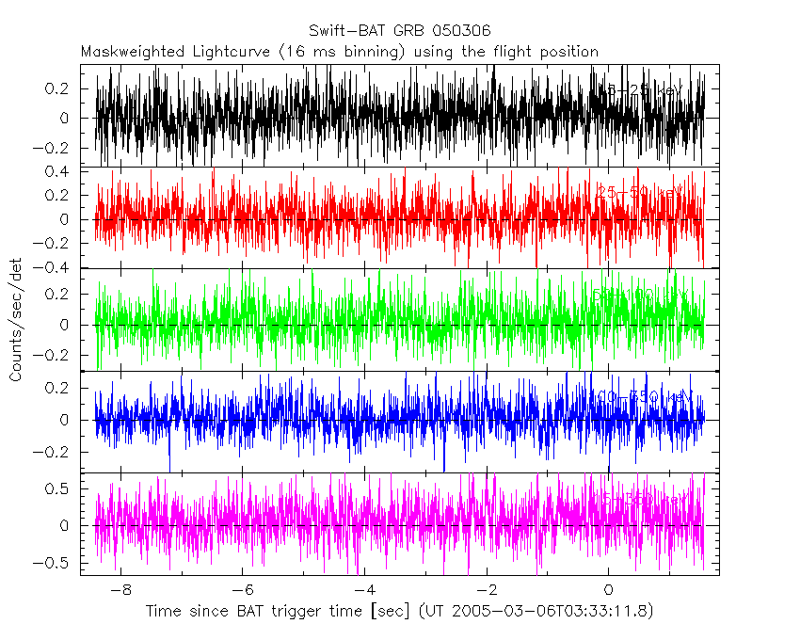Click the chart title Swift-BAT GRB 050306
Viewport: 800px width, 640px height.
click(400, 31)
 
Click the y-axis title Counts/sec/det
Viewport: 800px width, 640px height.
click(16, 320)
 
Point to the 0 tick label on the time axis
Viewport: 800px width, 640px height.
click(609, 591)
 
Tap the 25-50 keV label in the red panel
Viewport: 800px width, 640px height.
click(640, 193)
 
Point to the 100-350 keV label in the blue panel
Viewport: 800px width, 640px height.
click(640, 399)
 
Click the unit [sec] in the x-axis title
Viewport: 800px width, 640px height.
click(390, 612)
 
